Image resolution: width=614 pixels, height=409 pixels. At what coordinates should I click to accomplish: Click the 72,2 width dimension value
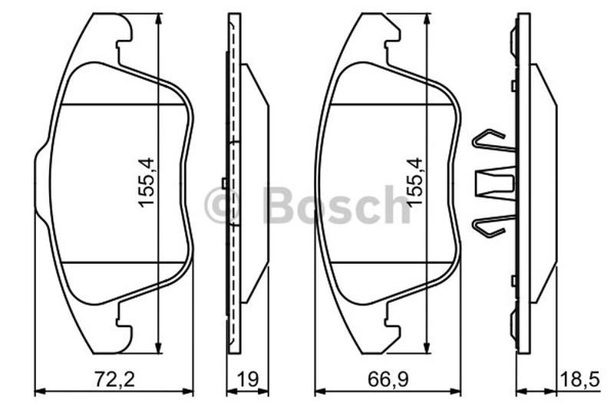[x=114, y=379]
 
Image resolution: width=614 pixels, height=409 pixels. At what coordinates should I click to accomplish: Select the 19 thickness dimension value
[x=247, y=379]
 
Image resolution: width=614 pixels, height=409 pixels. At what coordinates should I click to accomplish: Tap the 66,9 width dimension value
[x=388, y=379]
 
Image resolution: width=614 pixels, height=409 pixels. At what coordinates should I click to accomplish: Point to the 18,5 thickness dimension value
[x=580, y=379]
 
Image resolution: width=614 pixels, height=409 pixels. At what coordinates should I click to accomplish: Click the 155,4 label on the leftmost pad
[x=147, y=183]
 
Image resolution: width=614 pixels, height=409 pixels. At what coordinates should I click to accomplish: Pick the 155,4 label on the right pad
[x=415, y=183]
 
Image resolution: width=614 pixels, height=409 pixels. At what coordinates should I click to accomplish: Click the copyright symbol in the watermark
[x=222, y=205]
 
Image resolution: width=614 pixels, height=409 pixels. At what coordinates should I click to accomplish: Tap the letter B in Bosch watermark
[x=281, y=205]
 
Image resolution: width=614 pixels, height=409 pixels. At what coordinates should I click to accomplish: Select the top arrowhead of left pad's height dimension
[x=158, y=18]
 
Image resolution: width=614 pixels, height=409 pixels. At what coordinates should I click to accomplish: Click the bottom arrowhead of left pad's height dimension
[x=158, y=348]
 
